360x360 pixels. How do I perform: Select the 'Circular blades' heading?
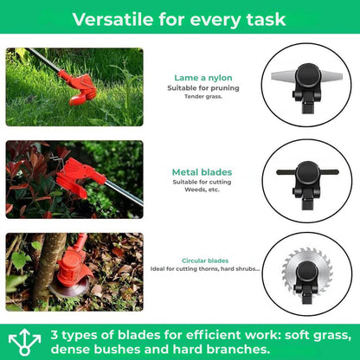[x=205, y=260]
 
